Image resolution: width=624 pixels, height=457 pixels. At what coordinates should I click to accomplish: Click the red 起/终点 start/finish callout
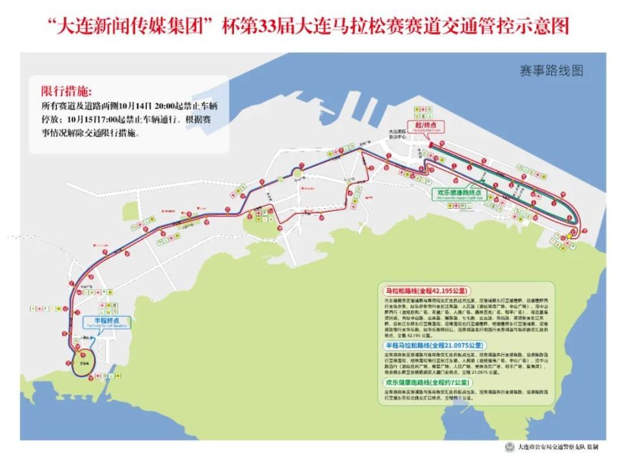point(426,124)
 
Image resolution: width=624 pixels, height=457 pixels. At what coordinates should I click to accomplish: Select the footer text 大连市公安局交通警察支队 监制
point(556,447)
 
